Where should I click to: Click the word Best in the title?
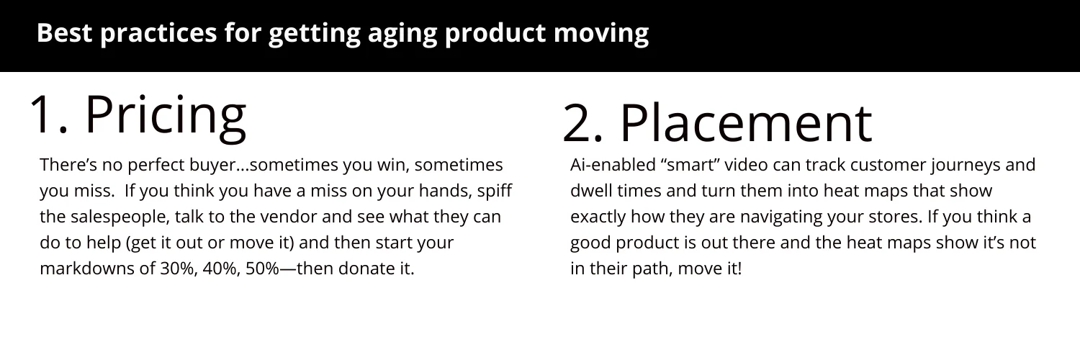point(64,33)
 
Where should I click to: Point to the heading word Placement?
point(747,122)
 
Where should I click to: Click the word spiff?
point(495,191)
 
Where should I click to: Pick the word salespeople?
point(119,217)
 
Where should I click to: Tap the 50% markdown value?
point(262,269)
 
